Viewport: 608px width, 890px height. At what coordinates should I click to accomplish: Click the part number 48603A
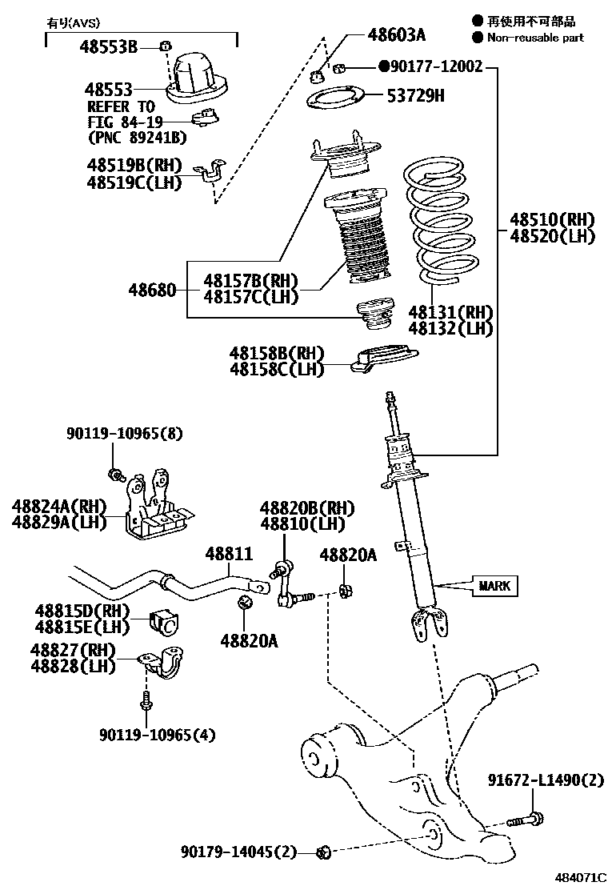click(x=397, y=34)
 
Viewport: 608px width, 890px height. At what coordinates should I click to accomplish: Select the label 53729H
click(x=415, y=98)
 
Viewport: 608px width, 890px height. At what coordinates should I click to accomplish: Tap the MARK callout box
click(x=494, y=586)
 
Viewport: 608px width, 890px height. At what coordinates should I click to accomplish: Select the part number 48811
click(x=228, y=554)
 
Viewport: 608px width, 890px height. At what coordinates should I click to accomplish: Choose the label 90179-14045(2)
click(x=238, y=853)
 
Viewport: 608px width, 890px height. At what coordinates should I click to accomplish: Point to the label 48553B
click(x=108, y=47)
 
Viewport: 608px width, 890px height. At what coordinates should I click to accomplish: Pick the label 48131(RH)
click(x=450, y=312)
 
